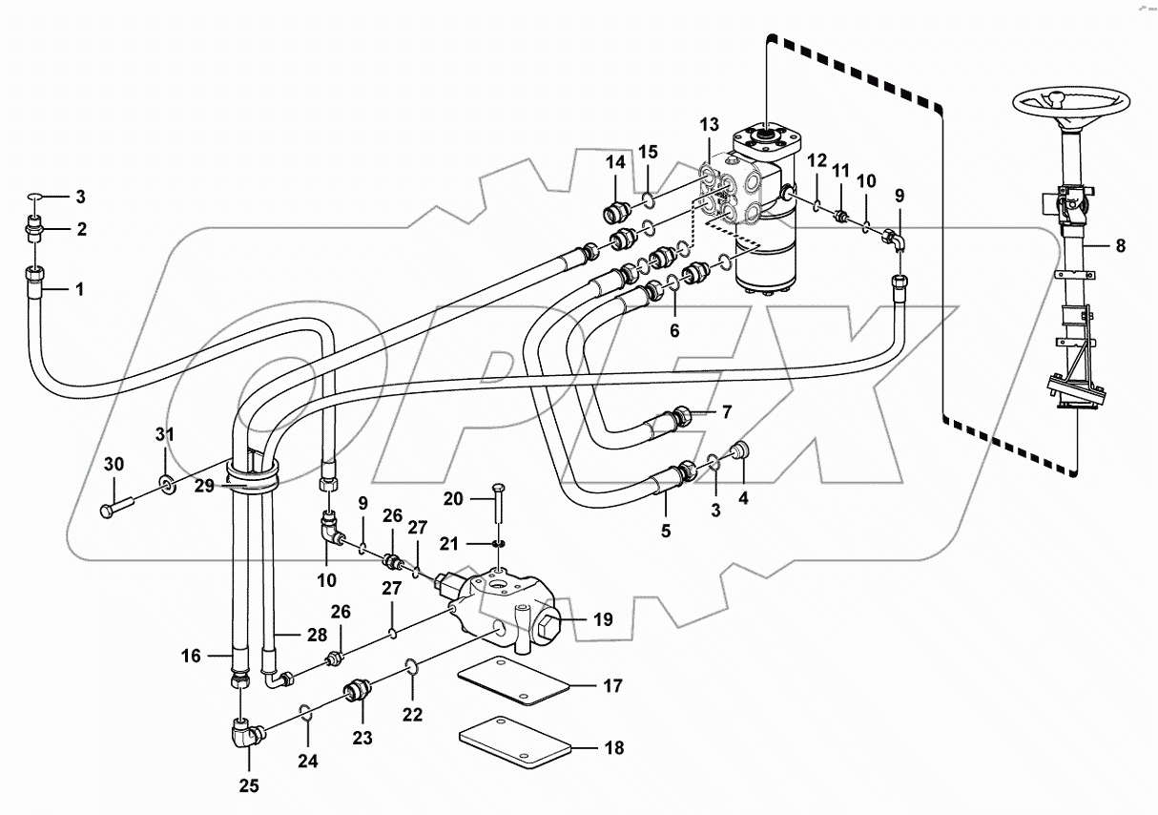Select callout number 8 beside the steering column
point(1120,245)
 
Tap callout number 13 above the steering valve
point(709,125)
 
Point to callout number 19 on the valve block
point(602,619)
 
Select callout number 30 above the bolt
point(114,464)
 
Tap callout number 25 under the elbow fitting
point(249,787)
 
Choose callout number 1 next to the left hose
point(79,288)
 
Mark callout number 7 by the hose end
point(726,412)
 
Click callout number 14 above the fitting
point(614,163)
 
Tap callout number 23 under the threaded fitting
point(363,737)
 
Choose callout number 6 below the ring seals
point(674,331)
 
